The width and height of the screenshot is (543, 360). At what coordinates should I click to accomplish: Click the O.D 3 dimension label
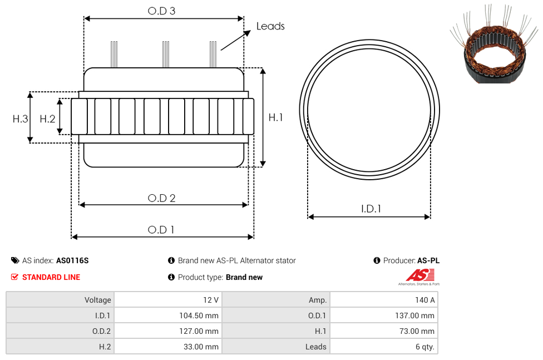[x=161, y=11]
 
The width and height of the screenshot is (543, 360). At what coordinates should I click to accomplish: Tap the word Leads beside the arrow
[x=270, y=26]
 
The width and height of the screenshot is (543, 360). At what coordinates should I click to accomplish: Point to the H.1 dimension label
[x=275, y=117]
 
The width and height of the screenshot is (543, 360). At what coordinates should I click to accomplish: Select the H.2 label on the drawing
[x=47, y=119]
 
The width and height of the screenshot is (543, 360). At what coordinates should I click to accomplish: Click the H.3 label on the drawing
[x=21, y=119]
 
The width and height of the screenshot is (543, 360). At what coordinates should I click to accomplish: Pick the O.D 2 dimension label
[x=161, y=198]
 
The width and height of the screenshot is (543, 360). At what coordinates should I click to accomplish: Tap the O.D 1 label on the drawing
[x=161, y=230]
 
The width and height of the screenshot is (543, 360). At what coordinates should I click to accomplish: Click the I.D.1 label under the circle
[x=371, y=209]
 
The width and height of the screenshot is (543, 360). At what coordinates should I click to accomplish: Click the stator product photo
[x=494, y=44]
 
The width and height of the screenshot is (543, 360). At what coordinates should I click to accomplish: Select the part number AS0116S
[x=72, y=260]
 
